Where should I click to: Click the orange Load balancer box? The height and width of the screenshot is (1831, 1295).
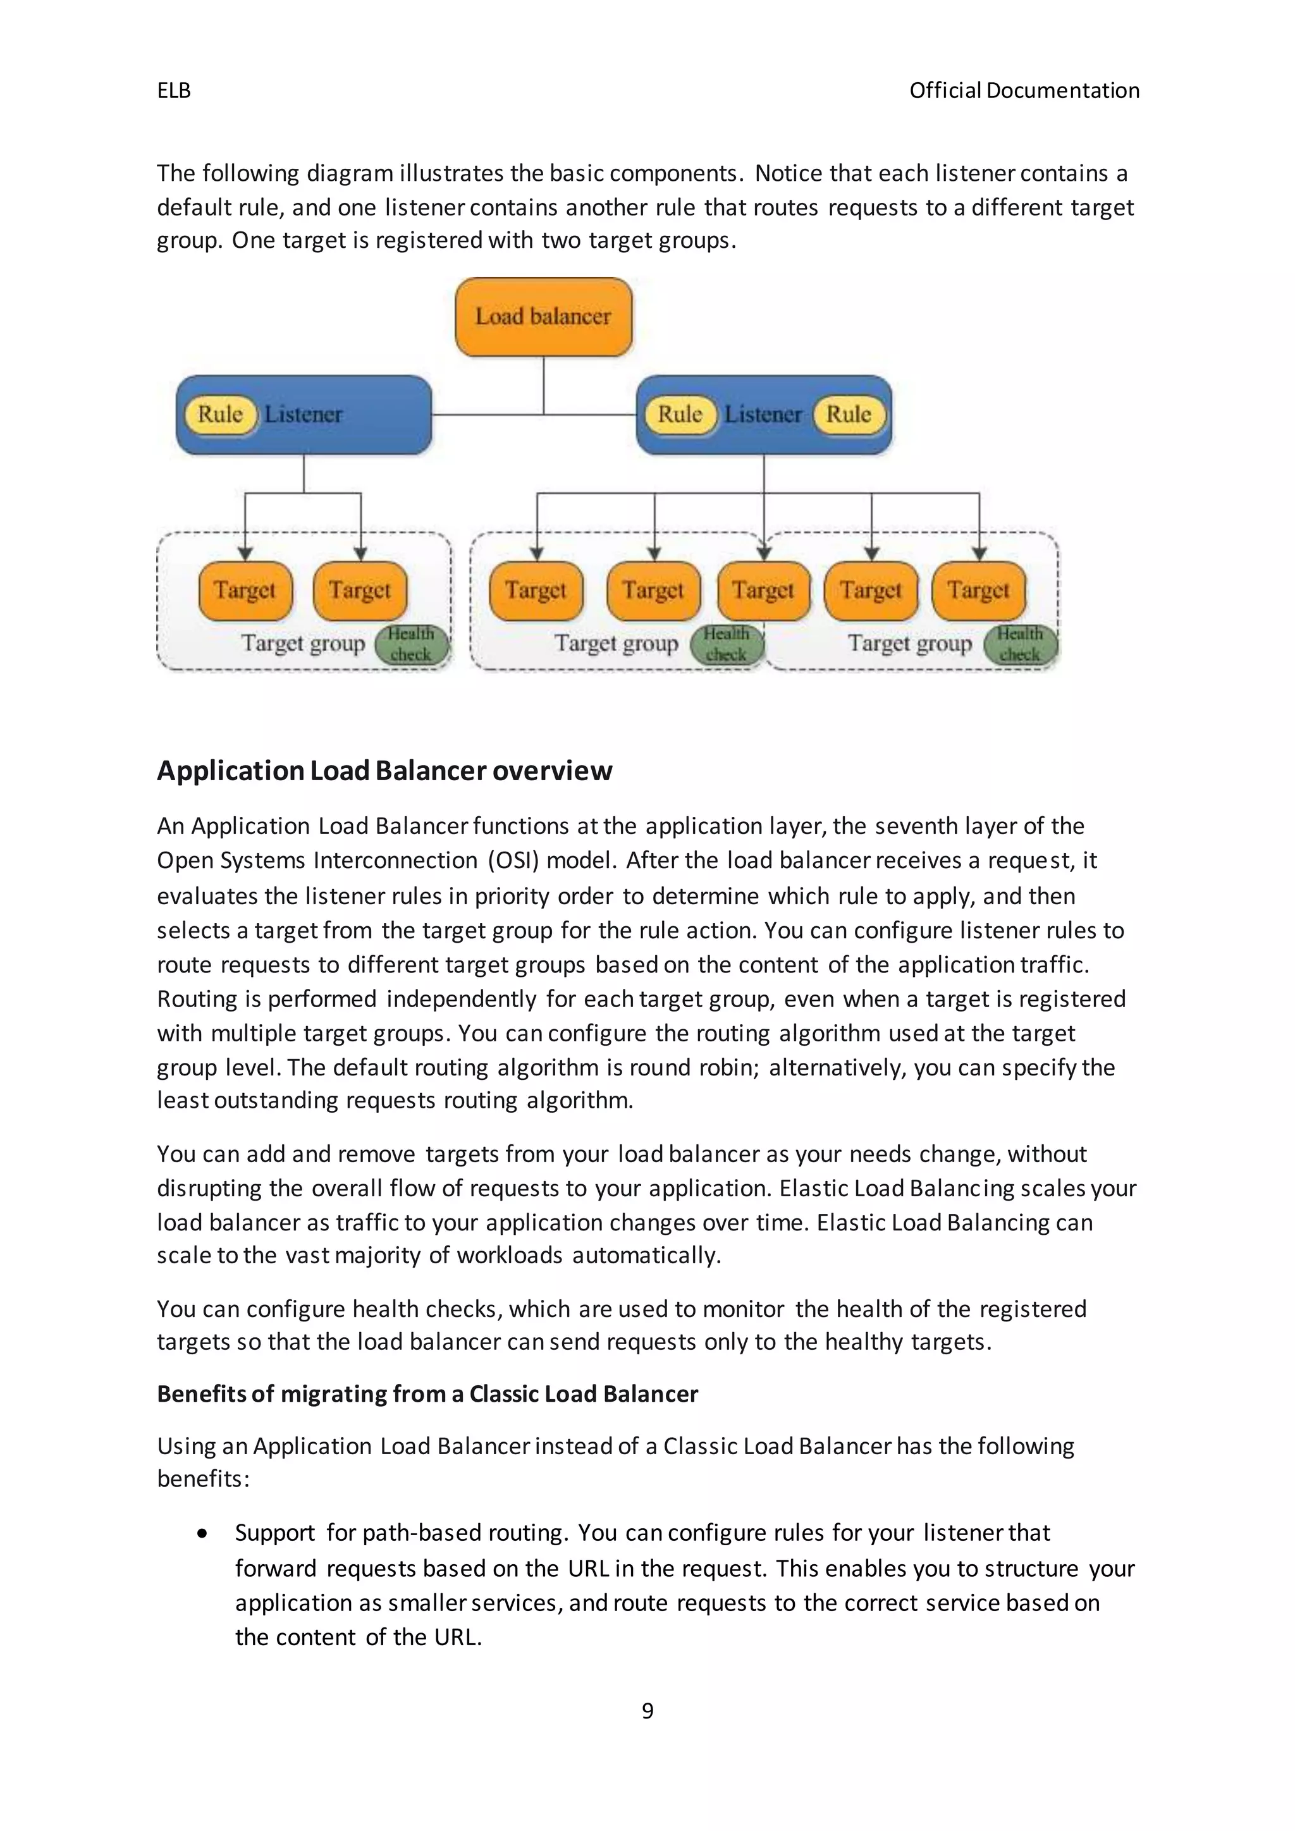click(x=543, y=317)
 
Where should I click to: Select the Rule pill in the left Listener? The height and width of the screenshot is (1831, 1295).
click(x=220, y=414)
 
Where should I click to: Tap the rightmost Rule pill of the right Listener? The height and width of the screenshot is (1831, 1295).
click(x=849, y=414)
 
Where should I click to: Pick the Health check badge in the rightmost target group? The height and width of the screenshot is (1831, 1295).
click(x=1019, y=644)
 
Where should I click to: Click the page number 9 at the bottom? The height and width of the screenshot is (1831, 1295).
click(x=647, y=1711)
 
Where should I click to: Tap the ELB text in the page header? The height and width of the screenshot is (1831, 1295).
click(x=174, y=91)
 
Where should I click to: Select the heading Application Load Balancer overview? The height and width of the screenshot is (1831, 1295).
click(x=384, y=770)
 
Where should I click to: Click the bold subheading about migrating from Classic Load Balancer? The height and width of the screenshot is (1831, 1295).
click(x=427, y=1393)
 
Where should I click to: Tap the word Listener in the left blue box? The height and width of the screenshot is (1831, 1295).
click(x=303, y=414)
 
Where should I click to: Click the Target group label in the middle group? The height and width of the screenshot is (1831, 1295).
click(x=617, y=643)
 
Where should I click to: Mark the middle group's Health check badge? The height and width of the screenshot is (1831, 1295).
click(x=726, y=644)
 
